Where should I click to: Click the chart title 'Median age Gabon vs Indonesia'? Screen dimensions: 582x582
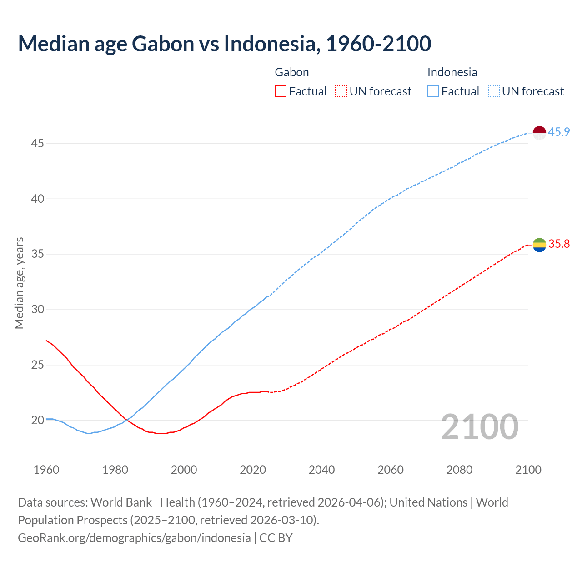point(224,44)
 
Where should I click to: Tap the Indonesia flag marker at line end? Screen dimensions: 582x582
point(539,133)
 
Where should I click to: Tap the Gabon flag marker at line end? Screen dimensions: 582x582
point(539,245)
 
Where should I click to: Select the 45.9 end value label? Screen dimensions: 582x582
point(559,132)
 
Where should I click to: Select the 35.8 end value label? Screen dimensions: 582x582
point(559,244)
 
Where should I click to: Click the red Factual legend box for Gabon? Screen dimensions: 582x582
point(281,91)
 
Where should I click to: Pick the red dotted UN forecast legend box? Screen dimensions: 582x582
point(341,91)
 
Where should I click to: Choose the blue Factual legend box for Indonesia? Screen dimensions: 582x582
point(433,91)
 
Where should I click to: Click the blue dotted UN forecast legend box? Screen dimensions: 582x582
point(494,91)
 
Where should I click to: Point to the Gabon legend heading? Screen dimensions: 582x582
point(292,72)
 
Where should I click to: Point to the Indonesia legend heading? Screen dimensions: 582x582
point(452,72)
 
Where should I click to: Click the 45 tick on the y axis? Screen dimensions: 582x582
point(37,144)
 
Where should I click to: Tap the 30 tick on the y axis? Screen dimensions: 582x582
point(37,310)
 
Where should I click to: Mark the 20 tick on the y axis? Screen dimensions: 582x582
point(37,420)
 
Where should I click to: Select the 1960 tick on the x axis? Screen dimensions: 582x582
point(46,470)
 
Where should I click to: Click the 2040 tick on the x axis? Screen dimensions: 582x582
point(321,470)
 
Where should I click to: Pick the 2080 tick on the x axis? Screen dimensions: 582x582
point(459,470)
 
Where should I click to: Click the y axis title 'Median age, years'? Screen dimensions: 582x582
point(19,283)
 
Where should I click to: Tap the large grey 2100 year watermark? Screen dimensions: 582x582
point(479,426)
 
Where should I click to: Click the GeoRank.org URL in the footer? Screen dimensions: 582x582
point(134,538)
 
